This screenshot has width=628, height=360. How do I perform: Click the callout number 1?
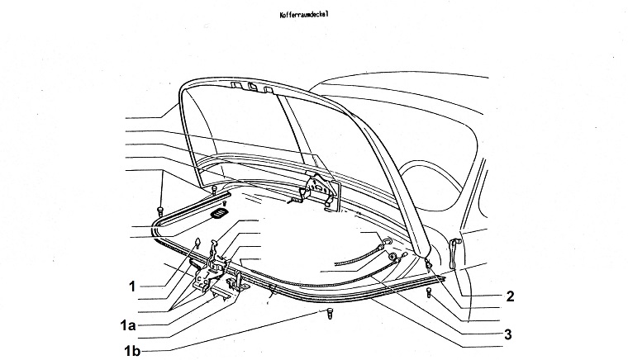pos(131,287)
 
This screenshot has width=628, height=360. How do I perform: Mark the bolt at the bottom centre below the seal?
pos(331,315)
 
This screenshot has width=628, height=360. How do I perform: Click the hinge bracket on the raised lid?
pos(318,189)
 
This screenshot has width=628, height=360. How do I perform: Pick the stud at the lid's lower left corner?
pos(213,191)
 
